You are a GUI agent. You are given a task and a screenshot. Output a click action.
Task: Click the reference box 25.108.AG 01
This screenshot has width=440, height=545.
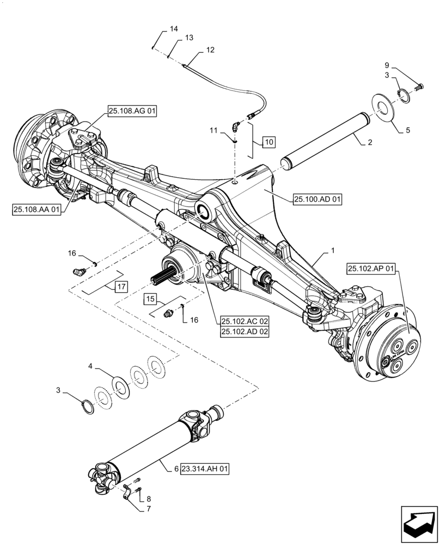[x=132, y=111]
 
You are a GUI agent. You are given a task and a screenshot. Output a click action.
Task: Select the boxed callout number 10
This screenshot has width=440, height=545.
[x=269, y=143]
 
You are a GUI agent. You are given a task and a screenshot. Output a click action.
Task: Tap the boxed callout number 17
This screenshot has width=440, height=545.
[x=121, y=286]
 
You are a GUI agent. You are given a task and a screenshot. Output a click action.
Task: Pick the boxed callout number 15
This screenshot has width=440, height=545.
[x=151, y=299]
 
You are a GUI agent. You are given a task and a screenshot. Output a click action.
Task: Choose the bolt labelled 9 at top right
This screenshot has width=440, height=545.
[x=419, y=86]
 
